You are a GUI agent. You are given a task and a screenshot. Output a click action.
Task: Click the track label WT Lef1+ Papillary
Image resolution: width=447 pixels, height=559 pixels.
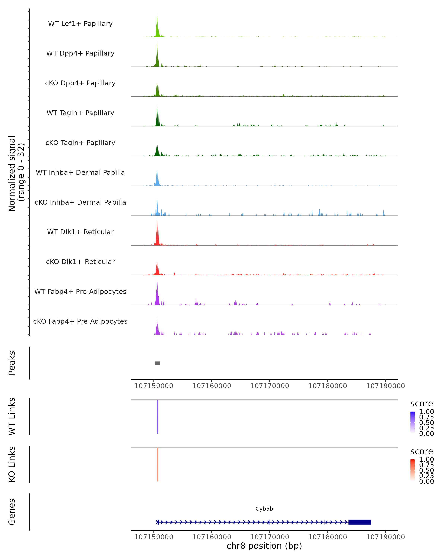[80, 24]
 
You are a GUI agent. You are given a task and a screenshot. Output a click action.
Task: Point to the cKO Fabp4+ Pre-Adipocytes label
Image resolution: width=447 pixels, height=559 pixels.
[80, 321]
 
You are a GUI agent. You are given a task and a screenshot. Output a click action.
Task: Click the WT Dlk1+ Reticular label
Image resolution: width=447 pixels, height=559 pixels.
[80, 232]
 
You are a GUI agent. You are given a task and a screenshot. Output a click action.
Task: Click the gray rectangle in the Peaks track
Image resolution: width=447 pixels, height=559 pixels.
[158, 363]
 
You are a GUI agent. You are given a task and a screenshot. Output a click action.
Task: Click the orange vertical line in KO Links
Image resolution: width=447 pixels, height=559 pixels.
[158, 464]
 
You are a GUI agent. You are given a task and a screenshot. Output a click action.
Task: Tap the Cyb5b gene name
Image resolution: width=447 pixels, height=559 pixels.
[264, 509]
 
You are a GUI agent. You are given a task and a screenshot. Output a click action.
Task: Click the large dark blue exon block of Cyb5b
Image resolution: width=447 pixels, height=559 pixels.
[360, 522]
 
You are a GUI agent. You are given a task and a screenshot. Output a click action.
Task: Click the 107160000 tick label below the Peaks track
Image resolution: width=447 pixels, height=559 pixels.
[212, 386]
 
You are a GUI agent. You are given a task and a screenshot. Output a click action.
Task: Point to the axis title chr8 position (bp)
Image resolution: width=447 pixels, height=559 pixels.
[264, 546]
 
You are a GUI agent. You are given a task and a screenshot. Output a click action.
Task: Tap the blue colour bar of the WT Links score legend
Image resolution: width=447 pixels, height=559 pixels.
[413, 422]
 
